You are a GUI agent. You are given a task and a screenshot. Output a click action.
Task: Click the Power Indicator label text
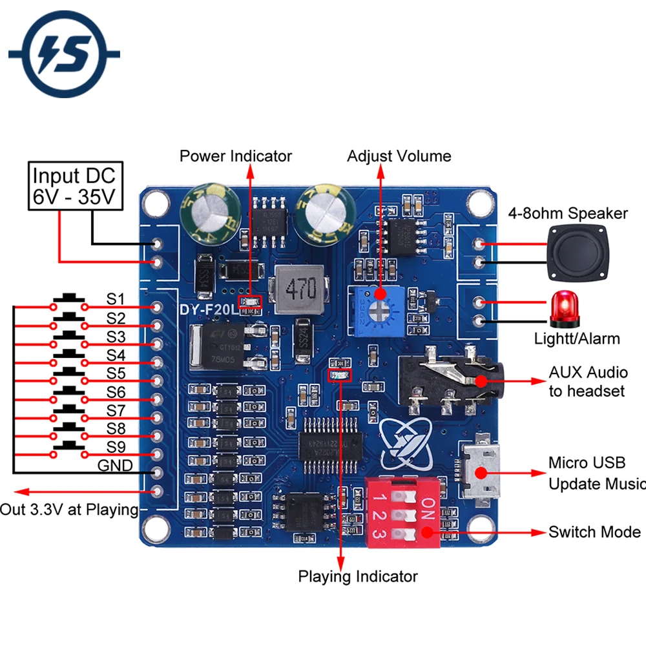[235, 156]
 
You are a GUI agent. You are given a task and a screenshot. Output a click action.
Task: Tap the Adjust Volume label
[399, 156]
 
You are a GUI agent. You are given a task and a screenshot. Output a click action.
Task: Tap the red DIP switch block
[404, 513]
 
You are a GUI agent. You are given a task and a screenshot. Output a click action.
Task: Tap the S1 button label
[116, 299]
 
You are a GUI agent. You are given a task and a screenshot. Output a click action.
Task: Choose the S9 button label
[116, 447]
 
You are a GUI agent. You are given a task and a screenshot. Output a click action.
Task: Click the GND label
[115, 466]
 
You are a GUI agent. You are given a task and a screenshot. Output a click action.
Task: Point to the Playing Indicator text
[357, 576]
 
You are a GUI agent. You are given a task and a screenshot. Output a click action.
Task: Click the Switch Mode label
[594, 532]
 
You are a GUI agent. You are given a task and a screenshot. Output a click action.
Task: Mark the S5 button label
[116, 373]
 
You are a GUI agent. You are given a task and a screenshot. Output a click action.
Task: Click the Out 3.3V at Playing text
[70, 510]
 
